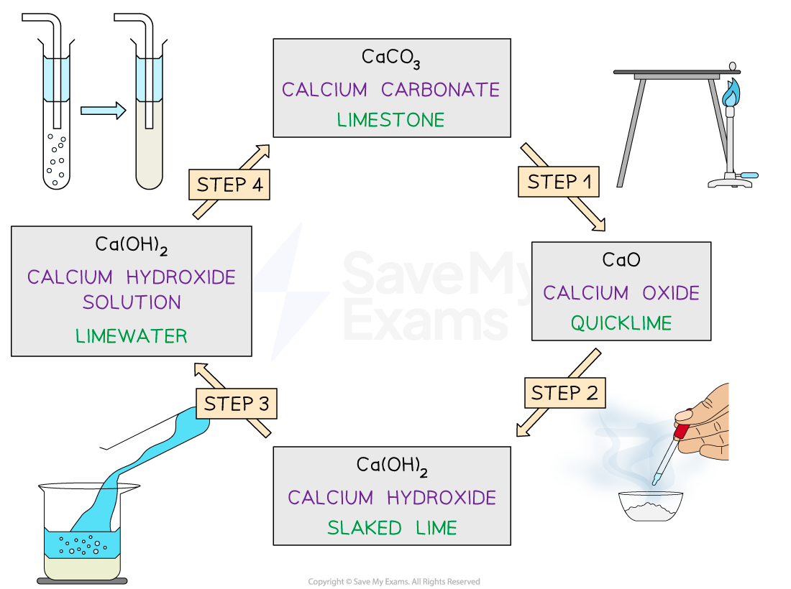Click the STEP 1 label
point(559,182)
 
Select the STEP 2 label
point(564,394)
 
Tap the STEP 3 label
point(236,404)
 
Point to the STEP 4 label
point(229,185)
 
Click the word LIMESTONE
point(392,120)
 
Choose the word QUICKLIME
point(621,323)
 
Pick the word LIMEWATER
point(132,335)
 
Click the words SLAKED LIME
point(392,528)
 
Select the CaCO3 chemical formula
point(392,58)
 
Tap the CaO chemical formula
point(621,260)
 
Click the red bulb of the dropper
point(681,431)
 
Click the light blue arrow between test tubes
point(103,111)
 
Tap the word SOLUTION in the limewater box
point(132,302)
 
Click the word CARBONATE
point(440,90)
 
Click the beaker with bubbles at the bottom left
point(82,553)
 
